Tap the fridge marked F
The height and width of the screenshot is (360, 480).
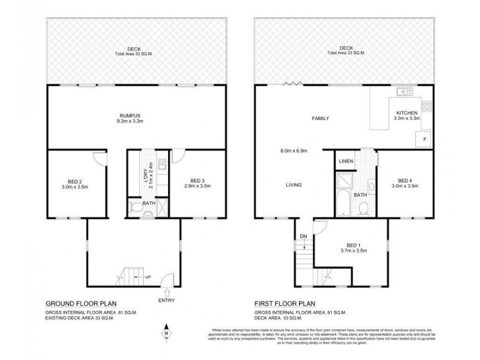(424, 139)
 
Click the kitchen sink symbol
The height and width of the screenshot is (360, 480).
(403, 92)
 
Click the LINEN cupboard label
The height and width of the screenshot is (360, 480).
(346, 161)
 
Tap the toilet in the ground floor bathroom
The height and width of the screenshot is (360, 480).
(136, 210)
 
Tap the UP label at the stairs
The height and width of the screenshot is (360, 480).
(146, 277)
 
